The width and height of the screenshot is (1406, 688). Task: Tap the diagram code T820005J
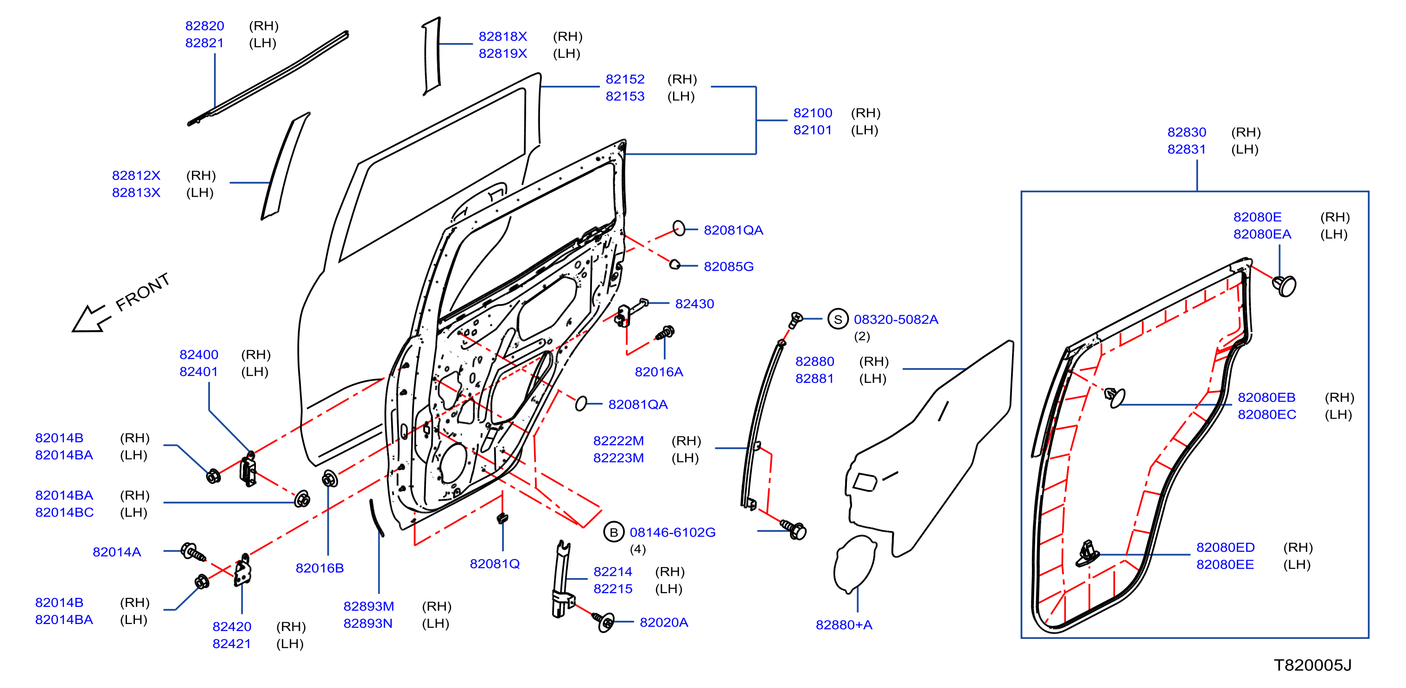[1313, 665]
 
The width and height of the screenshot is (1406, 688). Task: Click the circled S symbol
[838, 319]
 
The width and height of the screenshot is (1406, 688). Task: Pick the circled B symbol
[613, 532]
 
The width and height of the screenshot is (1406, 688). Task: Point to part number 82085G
[729, 267]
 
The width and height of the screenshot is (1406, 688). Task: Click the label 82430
[694, 304]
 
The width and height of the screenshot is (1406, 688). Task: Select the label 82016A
[659, 372]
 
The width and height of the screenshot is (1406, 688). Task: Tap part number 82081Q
[495, 563]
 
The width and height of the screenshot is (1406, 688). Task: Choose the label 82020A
[664, 623]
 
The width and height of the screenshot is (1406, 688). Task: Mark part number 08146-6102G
[673, 532]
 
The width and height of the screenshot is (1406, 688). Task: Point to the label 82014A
[117, 552]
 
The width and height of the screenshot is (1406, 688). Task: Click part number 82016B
[319, 568]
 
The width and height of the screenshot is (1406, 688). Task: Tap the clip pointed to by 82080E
[1284, 285]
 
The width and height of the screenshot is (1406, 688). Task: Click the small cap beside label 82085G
[674, 264]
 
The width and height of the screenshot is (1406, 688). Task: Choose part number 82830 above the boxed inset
[1187, 132]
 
